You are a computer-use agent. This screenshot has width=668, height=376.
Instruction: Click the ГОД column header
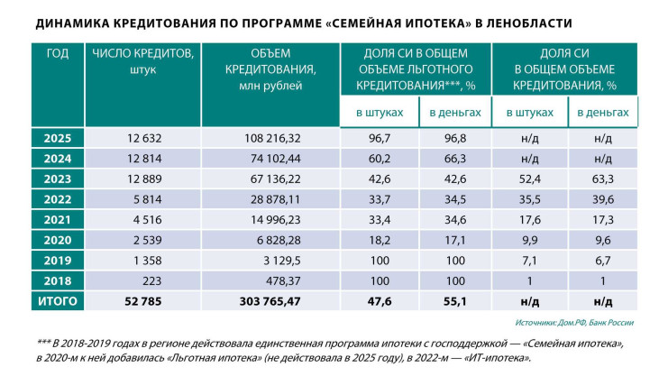[57, 53]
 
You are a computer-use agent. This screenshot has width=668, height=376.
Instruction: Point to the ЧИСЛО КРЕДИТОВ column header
[143, 60]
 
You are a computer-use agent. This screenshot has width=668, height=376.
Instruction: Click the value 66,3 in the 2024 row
[454, 159]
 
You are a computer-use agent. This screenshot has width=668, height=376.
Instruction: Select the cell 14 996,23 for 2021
[271, 219]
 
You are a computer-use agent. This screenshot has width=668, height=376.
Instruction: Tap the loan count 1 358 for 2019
[143, 260]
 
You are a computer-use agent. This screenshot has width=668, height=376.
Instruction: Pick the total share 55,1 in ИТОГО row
[454, 300]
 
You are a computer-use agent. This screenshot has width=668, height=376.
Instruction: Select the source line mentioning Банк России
[577, 322]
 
